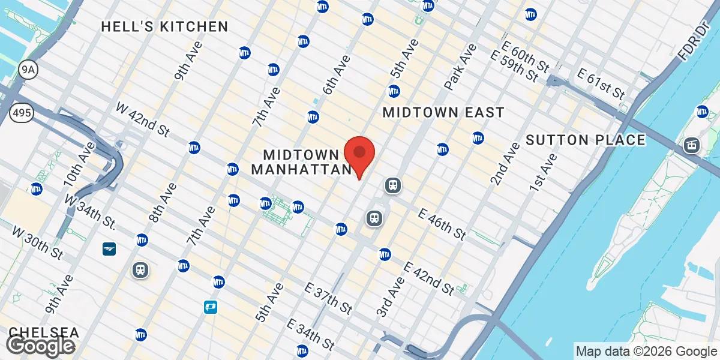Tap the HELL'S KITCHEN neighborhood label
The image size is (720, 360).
[164, 26]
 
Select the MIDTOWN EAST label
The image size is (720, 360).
[443, 112]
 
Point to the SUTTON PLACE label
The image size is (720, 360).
[586, 140]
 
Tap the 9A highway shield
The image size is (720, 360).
[28, 70]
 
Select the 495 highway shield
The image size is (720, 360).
[21, 112]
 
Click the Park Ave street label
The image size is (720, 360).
[460, 66]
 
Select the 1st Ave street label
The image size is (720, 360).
[542, 172]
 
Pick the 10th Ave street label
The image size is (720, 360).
[79, 164]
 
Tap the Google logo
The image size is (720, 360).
[40, 346]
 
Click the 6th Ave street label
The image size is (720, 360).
[335, 74]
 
